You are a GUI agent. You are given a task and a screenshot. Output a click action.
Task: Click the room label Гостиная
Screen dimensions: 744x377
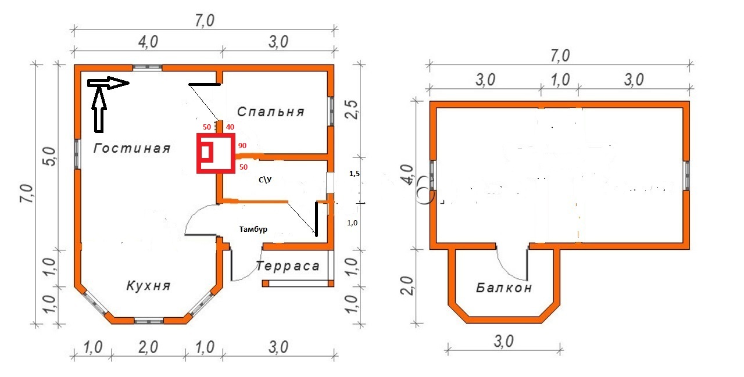[x=132, y=148]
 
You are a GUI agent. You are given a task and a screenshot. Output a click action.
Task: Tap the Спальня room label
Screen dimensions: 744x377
[x=271, y=112]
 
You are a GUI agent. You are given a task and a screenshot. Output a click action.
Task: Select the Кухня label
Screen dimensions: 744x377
[x=148, y=285]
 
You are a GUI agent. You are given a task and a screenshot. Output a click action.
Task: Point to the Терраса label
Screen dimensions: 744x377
[x=288, y=266]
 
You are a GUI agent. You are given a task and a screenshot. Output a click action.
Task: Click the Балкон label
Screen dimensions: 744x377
[x=504, y=288]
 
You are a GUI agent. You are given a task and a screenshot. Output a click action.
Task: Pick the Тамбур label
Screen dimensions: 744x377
[x=253, y=229]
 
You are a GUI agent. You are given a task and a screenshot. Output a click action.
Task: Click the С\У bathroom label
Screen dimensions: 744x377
[x=265, y=179]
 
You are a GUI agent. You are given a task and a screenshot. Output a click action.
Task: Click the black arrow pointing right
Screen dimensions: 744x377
[x=108, y=83]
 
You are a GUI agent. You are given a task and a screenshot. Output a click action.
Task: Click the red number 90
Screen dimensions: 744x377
[x=242, y=145]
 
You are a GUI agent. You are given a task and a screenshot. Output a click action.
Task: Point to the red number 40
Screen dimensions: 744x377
[x=230, y=127]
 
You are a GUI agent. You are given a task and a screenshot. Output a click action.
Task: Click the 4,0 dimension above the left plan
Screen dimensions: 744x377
[x=148, y=42]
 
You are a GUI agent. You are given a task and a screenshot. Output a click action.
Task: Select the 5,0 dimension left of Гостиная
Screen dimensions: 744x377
[x=50, y=157]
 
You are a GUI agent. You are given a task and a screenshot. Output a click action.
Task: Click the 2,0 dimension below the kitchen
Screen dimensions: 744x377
[x=148, y=347]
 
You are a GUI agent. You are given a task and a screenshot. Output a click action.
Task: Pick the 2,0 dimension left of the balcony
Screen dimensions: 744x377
[x=407, y=285]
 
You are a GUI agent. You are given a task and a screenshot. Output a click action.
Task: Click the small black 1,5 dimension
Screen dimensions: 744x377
[x=355, y=174]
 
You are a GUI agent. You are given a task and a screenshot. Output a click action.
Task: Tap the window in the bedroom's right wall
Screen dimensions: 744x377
[x=331, y=111]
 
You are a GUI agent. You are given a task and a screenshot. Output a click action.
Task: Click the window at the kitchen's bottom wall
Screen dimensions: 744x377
[x=148, y=321]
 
